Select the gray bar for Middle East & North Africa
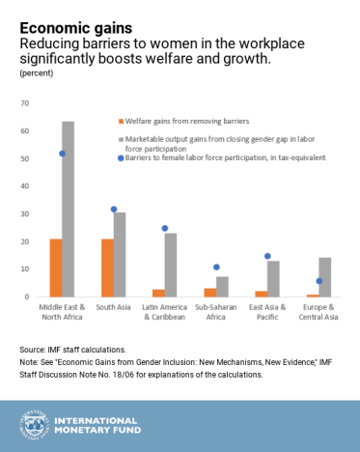68,209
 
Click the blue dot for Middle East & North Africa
63,154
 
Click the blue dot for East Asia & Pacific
267,256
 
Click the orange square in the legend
121,122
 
